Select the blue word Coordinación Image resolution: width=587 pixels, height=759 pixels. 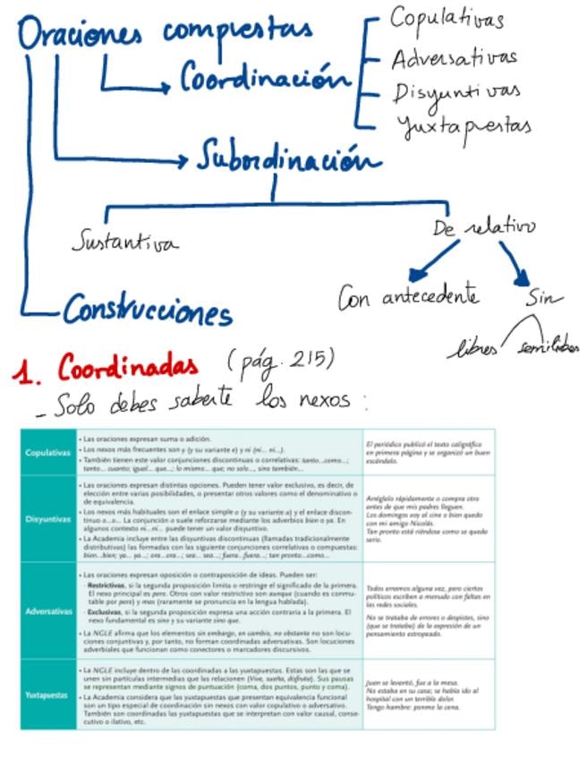point(264,78)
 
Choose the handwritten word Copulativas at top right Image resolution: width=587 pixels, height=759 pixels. point(447,19)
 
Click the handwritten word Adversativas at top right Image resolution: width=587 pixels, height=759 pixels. point(454,58)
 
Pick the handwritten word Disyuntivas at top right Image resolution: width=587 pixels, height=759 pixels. point(456,91)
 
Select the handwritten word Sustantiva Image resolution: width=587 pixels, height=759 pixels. point(124,242)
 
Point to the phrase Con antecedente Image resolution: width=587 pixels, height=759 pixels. point(408,297)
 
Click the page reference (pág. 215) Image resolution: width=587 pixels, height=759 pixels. point(281,361)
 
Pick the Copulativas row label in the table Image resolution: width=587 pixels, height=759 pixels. point(48,453)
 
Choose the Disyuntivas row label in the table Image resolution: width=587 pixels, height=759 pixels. point(48,519)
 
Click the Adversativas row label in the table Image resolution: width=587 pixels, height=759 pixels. point(48,611)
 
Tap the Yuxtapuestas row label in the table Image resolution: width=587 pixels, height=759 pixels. point(48,695)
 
